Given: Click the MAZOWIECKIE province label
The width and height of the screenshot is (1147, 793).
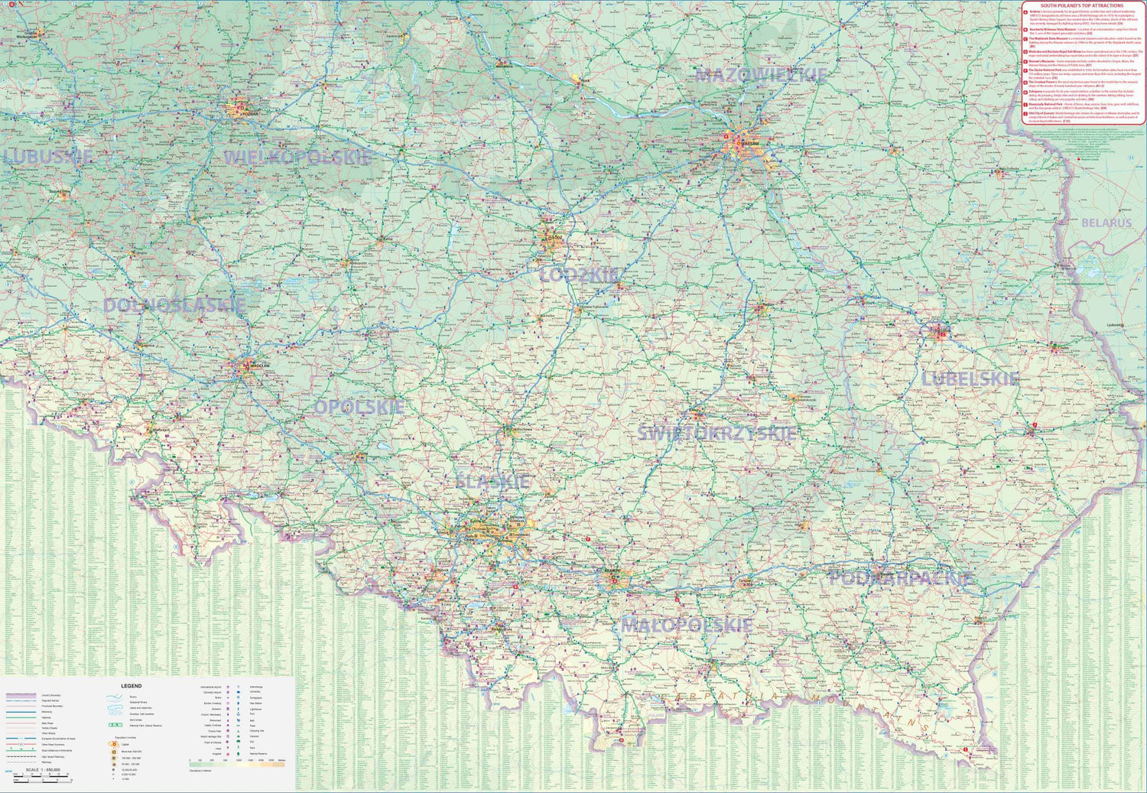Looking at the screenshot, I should coord(761,75).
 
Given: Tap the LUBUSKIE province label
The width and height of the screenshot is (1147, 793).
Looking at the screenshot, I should coord(48,157).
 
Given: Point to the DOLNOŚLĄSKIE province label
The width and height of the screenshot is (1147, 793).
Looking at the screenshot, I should coord(174,305).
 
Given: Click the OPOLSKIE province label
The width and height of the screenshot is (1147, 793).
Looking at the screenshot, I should coord(359,408).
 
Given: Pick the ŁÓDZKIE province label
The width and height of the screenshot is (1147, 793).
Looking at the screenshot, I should coord(579,275).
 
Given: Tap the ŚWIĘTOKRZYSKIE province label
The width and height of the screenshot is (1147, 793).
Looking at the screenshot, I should coord(716,434).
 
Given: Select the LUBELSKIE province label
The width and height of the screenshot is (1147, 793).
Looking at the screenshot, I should coord(970,379).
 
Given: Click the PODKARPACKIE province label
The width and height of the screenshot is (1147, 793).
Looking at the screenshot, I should coord(901,579).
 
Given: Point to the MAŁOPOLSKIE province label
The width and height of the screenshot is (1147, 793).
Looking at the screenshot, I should coord(686,626).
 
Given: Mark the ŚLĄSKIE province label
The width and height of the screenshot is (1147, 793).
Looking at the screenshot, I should coord(492,482).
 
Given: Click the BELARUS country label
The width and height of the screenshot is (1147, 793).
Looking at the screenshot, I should coord(1106,223).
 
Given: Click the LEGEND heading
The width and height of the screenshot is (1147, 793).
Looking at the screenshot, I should coord(131,686).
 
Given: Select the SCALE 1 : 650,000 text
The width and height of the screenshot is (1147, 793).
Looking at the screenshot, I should coord(44,769).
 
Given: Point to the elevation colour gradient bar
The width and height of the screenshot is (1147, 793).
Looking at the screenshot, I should coord(237,764).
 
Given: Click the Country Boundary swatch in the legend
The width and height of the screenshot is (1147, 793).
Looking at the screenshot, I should coord(21,695).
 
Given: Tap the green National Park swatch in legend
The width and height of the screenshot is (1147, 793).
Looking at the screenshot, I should coord(115,724).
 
